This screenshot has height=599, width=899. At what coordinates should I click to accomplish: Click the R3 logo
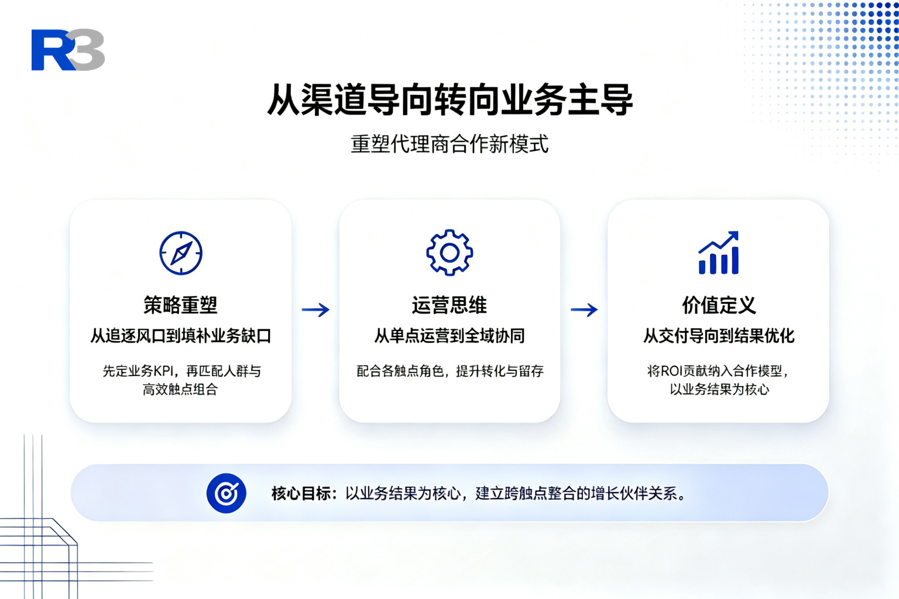68,50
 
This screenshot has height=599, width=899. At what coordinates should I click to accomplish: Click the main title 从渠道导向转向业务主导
450,100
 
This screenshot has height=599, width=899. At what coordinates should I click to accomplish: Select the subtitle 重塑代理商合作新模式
449,144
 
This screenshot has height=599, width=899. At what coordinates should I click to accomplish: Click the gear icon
449,253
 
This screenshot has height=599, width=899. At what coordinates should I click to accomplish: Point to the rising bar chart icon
718,253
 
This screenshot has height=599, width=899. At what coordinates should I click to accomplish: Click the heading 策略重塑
181,305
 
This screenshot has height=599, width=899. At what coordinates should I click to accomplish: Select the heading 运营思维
449,305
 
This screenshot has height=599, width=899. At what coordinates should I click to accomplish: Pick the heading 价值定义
719,305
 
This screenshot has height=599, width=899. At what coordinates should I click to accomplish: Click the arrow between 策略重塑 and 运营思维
315,309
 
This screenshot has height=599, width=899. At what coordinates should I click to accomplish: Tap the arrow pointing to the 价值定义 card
584,309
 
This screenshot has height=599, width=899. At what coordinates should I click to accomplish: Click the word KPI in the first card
163,371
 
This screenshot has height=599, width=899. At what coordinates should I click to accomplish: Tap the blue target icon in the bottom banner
227,493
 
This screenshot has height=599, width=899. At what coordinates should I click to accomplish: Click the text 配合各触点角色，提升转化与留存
450,371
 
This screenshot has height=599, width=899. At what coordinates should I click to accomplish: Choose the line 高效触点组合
180,389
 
